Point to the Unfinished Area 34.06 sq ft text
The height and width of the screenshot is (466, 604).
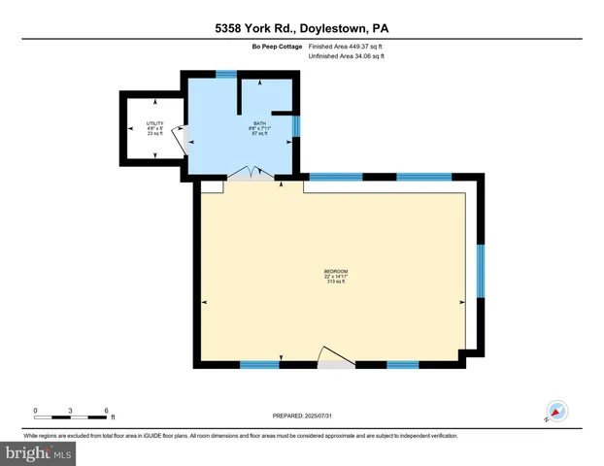pos(346,57)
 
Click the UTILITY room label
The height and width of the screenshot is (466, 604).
pos(155,123)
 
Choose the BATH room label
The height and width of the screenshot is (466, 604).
pos(260,123)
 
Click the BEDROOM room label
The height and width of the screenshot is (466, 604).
pos(336,271)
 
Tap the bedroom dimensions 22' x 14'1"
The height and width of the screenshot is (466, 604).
pos(336,277)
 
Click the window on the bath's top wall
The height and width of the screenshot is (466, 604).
pos(226,75)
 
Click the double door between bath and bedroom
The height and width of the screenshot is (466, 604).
pos(252,175)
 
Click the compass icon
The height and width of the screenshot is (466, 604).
pos(556,411)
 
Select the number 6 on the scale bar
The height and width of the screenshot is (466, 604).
pos(106,410)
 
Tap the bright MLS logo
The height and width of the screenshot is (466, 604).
pos(40,452)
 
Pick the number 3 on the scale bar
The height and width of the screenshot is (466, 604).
pos(71,410)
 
